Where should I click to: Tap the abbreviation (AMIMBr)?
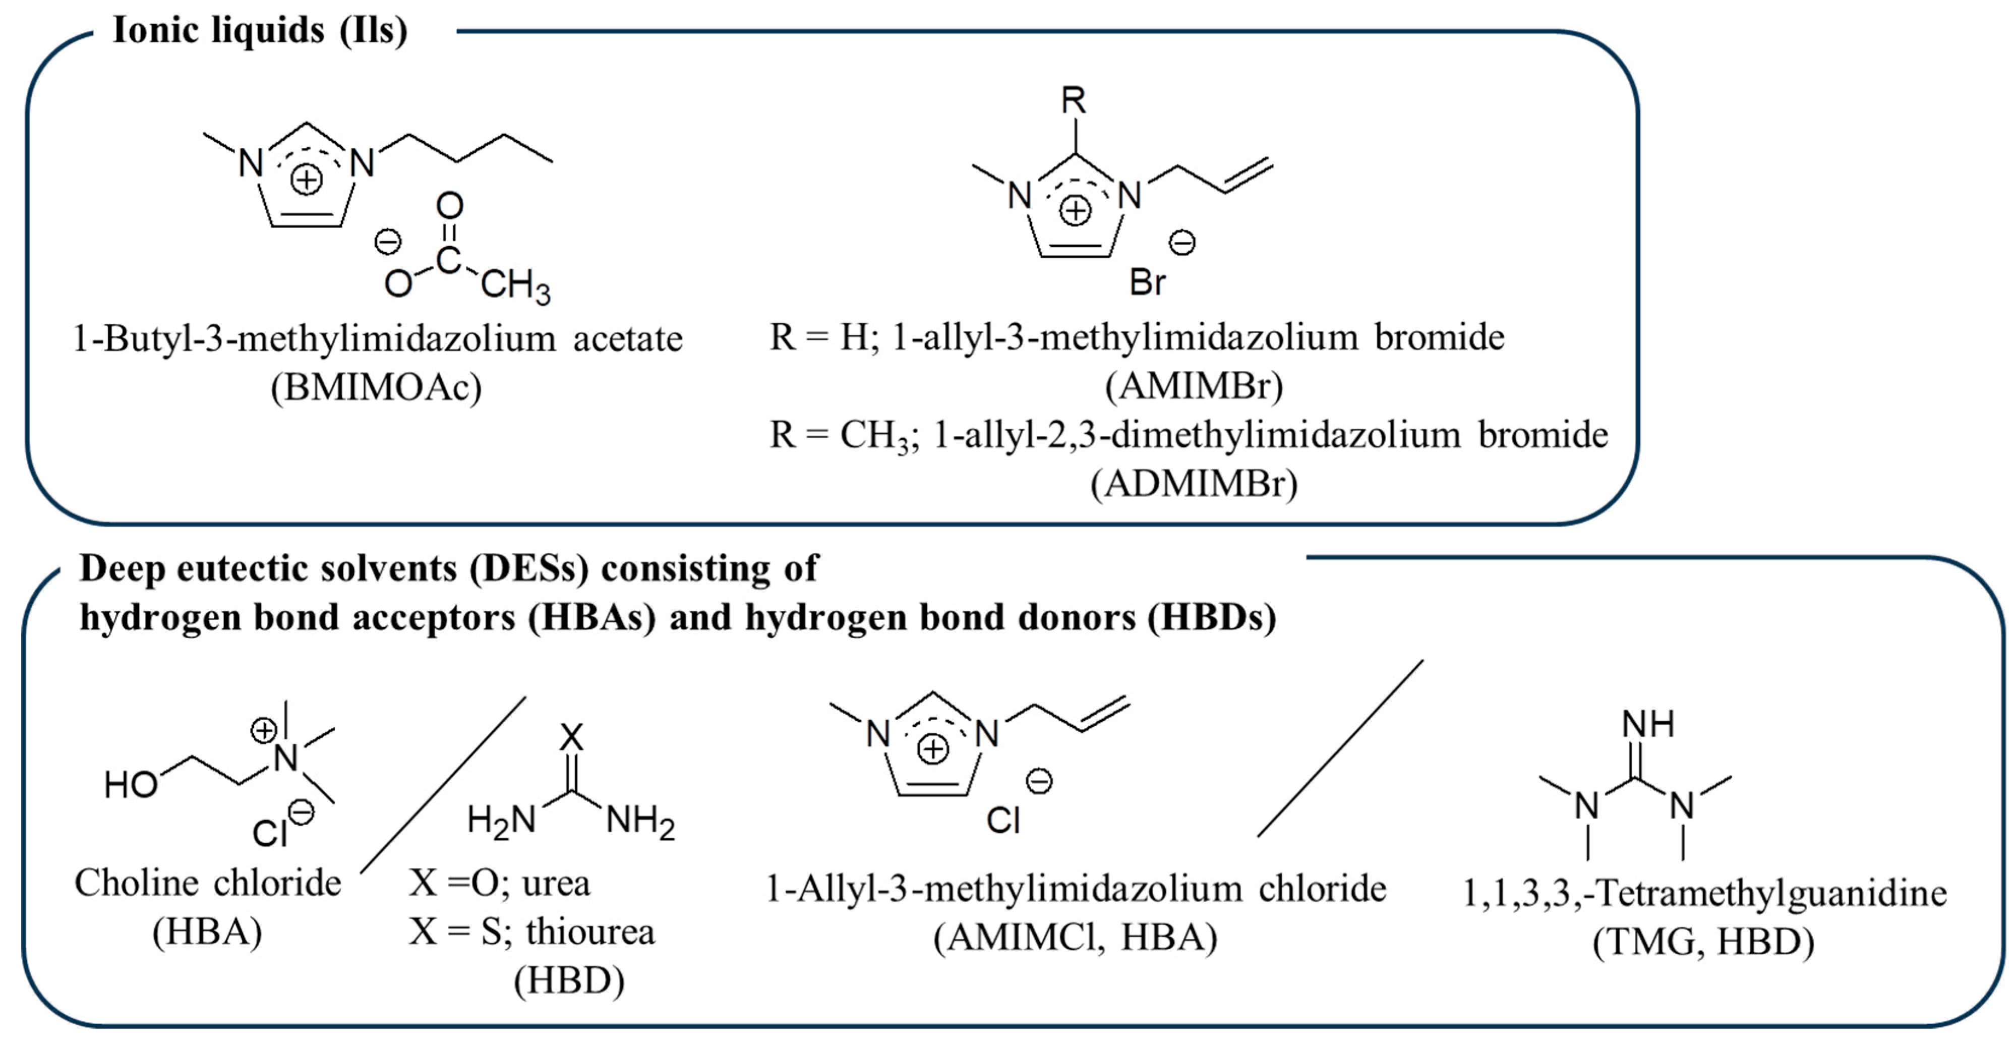(1194, 386)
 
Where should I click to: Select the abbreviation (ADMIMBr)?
(1194, 483)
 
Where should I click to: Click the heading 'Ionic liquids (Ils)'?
(260, 31)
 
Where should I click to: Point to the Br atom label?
(1147, 282)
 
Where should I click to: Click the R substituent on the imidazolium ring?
(1074, 101)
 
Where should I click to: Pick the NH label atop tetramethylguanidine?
(1648, 724)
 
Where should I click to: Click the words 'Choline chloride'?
(207, 883)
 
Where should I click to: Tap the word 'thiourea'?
(590, 932)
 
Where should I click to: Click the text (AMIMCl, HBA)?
(1075, 937)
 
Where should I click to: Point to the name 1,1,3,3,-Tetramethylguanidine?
(1704, 893)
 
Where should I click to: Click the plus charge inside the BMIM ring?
(306, 180)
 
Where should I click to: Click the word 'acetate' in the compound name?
(628, 339)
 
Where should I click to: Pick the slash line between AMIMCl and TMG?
(1340, 748)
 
